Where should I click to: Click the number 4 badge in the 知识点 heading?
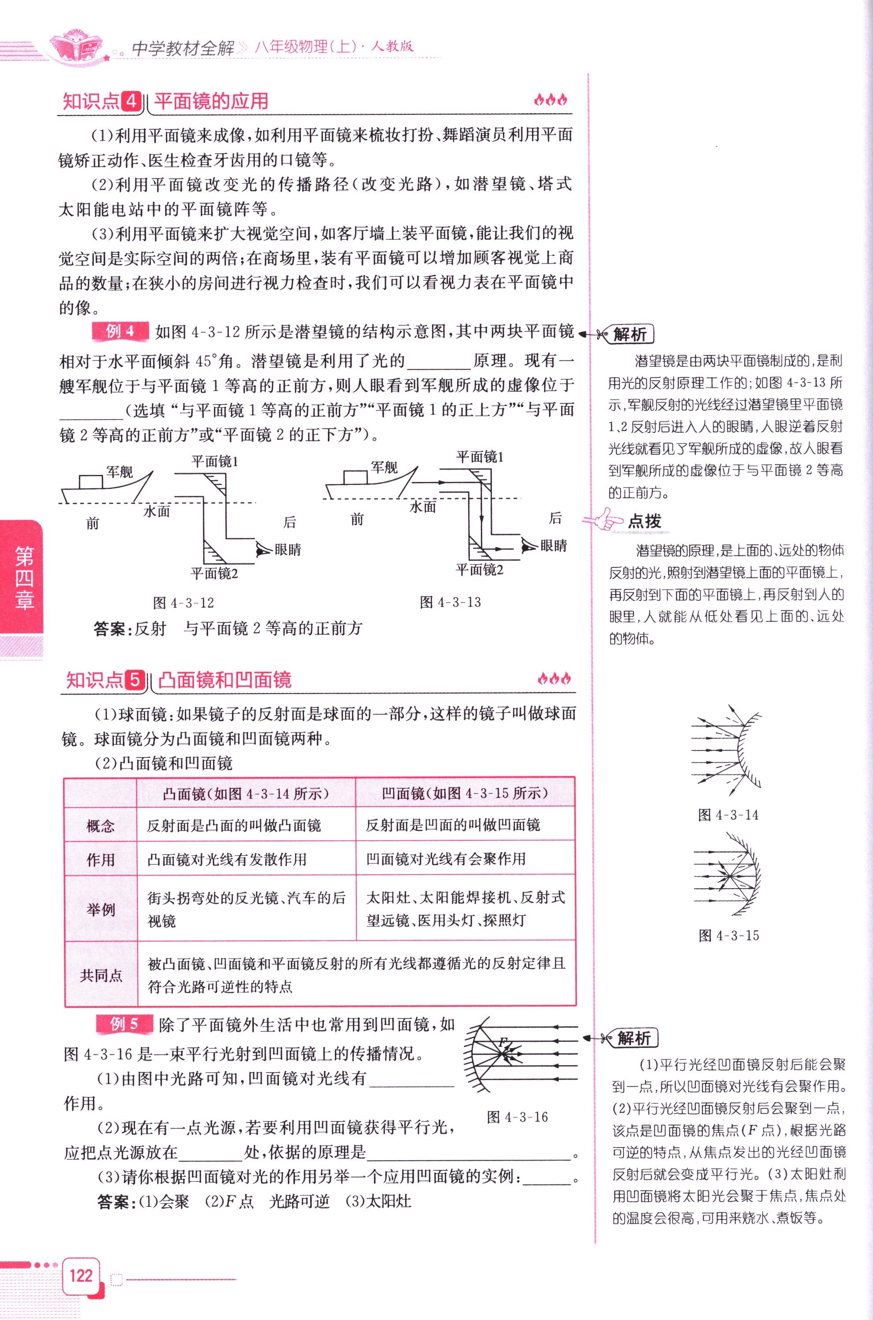pos(132,101)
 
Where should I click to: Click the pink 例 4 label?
pos(120,331)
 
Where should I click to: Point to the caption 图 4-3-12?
pos(183,603)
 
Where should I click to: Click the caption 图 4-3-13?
pos(451,602)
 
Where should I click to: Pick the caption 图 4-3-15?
pos(729,936)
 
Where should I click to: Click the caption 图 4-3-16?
pos(517,1117)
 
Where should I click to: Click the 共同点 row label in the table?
pos(101,975)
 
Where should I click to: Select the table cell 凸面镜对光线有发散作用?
pos(227,860)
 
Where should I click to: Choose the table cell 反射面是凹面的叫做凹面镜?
pos(453,825)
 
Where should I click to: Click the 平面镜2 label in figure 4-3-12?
pos(214,573)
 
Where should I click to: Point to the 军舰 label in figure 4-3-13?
pos(385,467)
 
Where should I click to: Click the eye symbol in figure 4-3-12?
pos(263,549)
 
